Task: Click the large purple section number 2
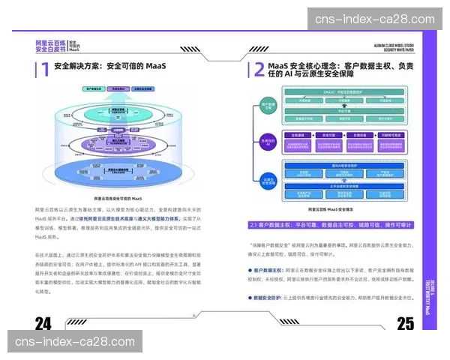258,70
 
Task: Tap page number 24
43,323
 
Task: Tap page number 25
405,323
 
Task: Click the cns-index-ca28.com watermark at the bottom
74,342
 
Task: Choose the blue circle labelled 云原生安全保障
267,180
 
